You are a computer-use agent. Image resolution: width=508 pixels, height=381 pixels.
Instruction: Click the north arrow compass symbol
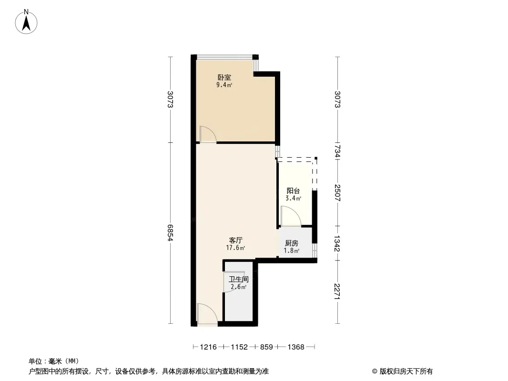[26, 22]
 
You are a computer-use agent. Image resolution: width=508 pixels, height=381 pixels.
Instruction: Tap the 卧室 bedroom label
[224, 77]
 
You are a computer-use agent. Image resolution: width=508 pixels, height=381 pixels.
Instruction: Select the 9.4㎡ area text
[224, 85]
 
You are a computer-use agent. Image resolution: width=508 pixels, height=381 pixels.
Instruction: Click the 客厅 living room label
[235, 240]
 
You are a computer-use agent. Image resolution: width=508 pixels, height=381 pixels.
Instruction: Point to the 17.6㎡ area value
[235, 248]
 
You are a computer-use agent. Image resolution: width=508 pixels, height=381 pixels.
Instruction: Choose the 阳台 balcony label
[293, 190]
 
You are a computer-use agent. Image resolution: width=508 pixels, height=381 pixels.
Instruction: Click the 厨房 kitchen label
[292, 243]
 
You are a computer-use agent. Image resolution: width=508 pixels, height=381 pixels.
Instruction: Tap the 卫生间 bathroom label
[239, 279]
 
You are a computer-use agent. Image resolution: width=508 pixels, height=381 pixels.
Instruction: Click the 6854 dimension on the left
[171, 232]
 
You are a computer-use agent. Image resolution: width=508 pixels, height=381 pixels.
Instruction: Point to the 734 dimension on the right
[337, 151]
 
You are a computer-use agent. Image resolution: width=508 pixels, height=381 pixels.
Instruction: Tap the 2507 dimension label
[337, 192]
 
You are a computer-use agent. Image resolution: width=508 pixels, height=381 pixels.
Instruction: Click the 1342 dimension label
[337, 243]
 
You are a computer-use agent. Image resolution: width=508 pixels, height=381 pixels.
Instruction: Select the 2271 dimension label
[337, 291]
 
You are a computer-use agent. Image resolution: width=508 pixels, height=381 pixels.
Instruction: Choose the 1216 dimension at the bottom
[208, 347]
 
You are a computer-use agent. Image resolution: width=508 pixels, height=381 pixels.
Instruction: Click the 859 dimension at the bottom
[267, 347]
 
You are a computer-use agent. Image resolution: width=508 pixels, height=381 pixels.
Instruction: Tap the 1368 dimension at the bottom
[296, 347]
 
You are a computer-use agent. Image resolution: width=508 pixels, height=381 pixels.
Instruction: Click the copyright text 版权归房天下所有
[406, 371]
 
